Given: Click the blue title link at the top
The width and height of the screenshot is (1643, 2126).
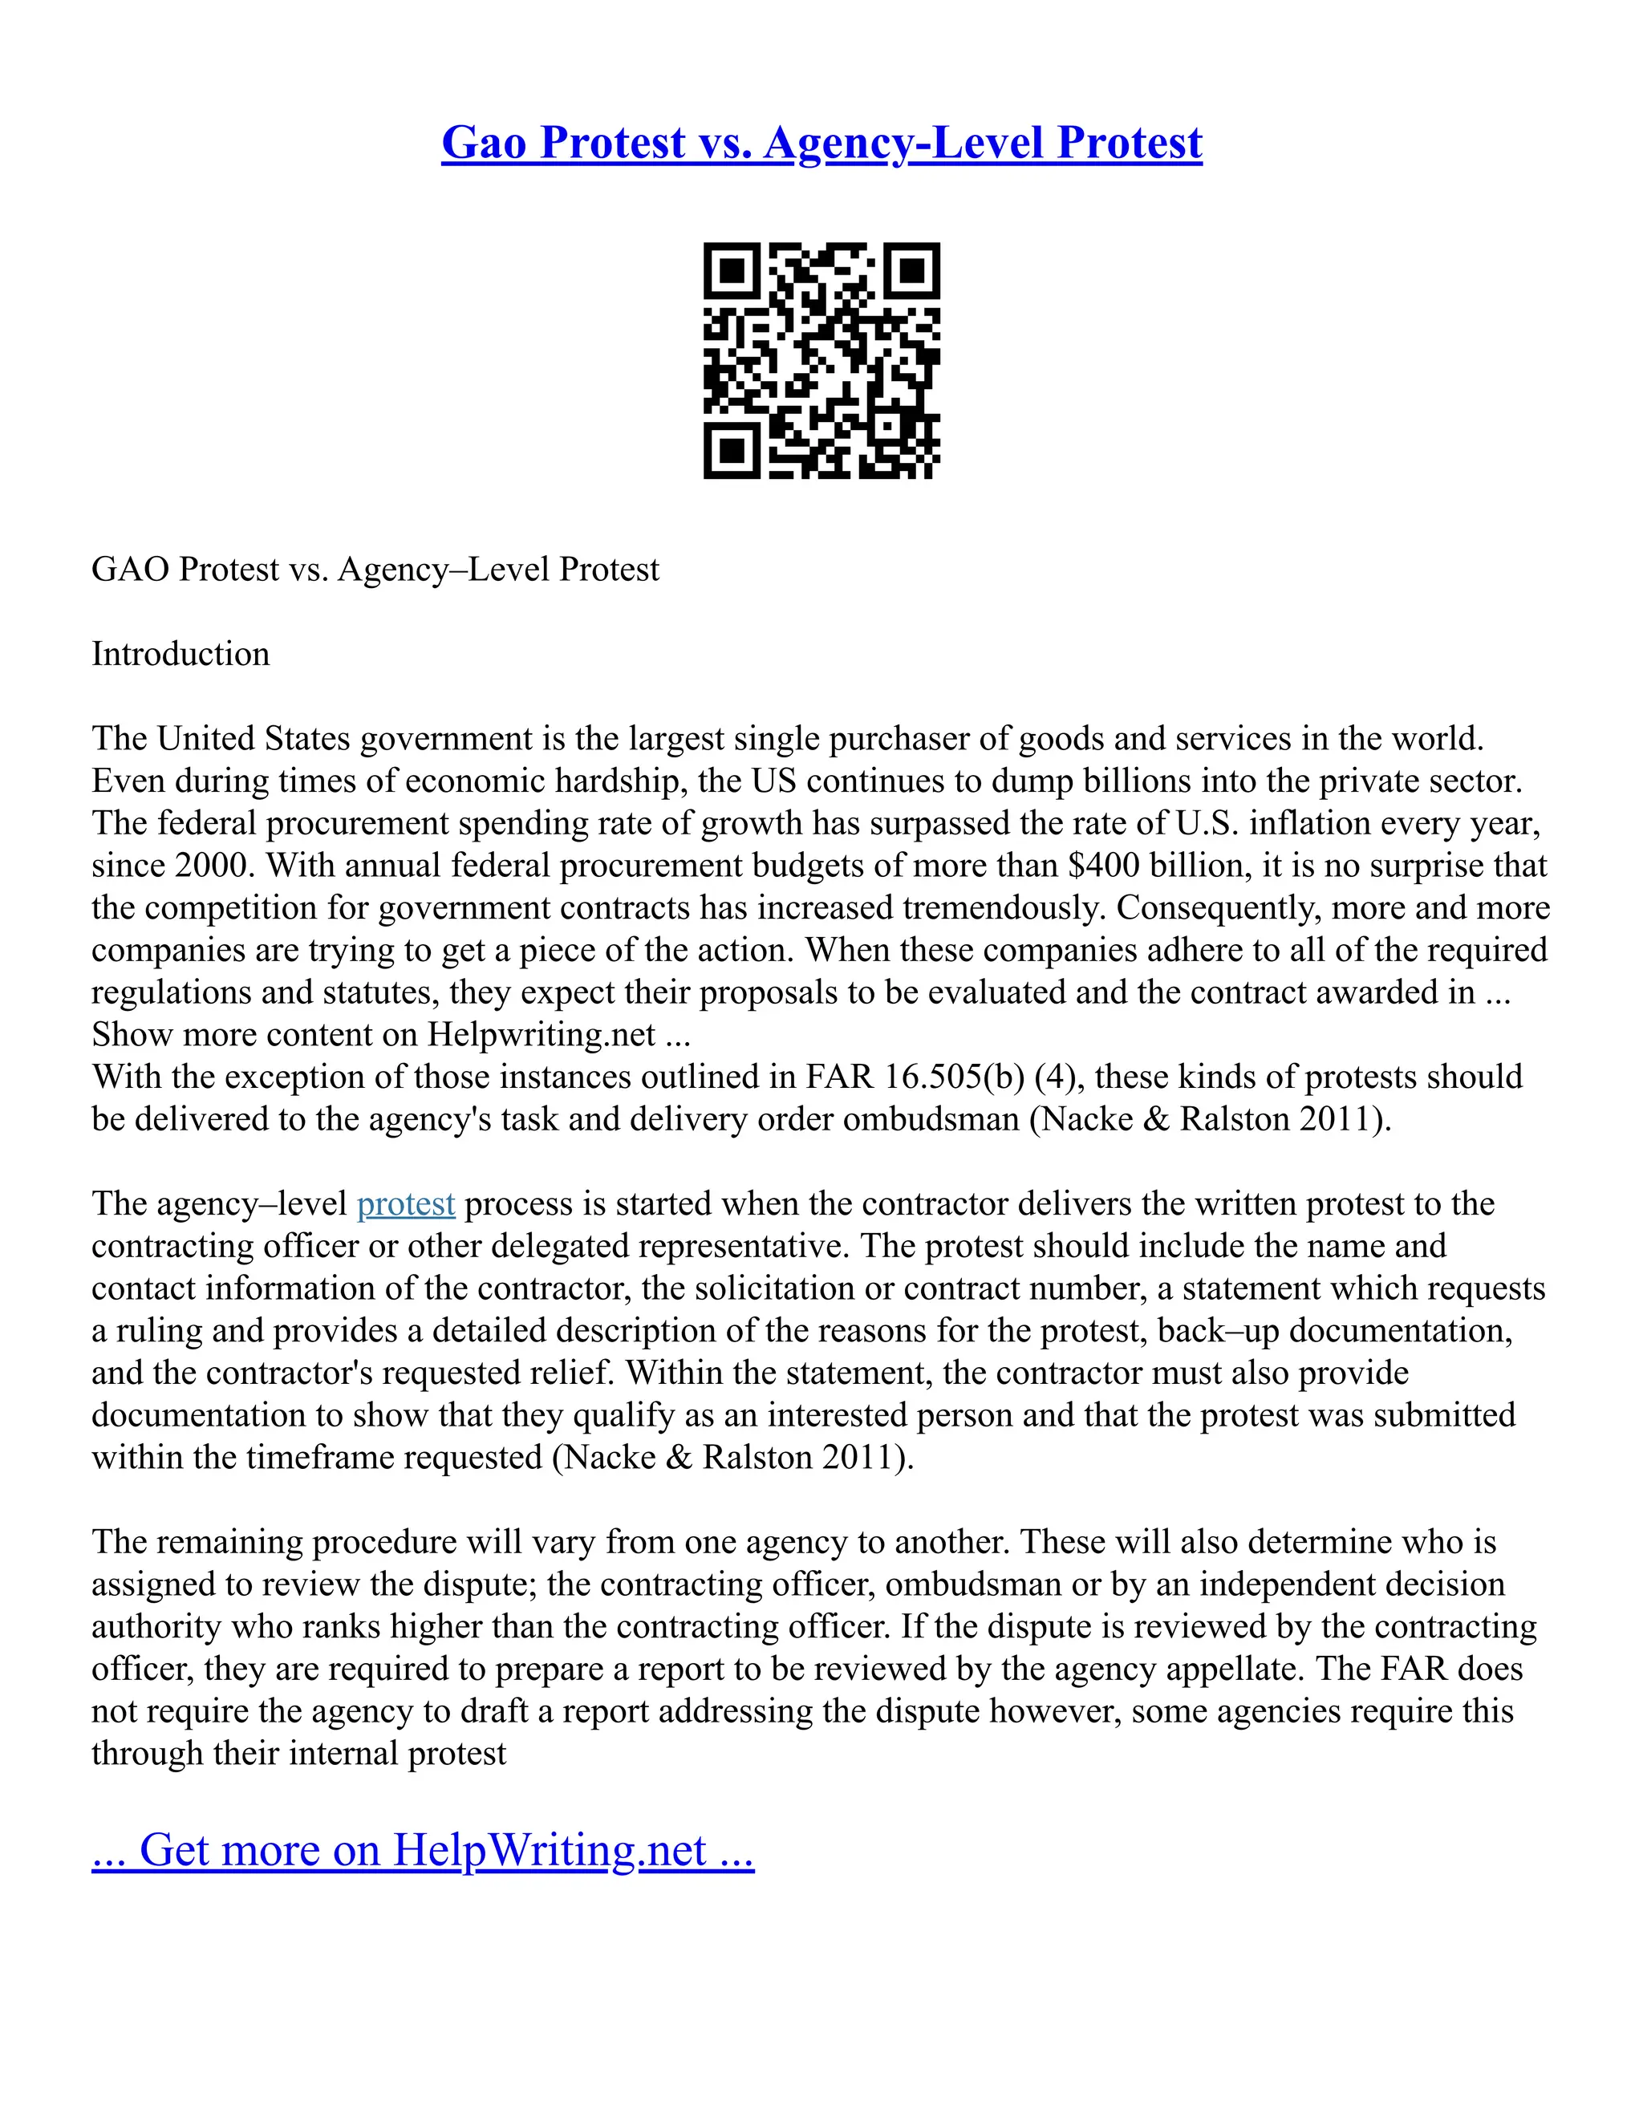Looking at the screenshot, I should coord(821,142).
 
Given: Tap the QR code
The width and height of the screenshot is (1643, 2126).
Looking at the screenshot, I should coord(821,360).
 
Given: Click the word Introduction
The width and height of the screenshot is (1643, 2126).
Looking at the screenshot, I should coord(180,654).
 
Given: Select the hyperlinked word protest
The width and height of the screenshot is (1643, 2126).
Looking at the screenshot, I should coord(406,1204).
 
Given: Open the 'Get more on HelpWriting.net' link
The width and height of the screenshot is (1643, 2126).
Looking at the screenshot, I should coord(423,1849).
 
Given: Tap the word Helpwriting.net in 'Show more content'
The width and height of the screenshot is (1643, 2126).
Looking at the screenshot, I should coord(542,1035).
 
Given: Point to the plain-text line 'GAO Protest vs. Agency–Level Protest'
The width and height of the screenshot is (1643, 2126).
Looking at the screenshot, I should coord(375,570).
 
